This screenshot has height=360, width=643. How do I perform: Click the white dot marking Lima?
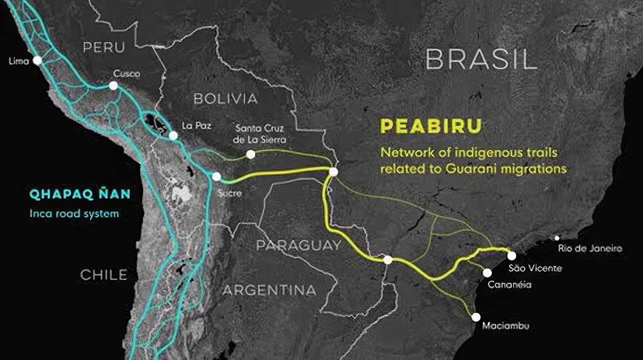click(x=37, y=61)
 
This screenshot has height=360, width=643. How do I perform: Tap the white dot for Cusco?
click(x=113, y=86)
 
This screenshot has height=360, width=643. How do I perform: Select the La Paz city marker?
click(x=173, y=136)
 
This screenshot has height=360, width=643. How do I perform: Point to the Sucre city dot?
click(x=216, y=176)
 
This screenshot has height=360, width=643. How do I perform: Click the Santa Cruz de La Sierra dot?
click(x=250, y=154)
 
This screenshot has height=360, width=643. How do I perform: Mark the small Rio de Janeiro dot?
click(x=557, y=238)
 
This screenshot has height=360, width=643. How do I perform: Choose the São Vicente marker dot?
click(x=512, y=256)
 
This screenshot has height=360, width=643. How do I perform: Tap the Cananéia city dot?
click(x=487, y=273)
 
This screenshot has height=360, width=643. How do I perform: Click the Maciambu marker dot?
click(x=476, y=317)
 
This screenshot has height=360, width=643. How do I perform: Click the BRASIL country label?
click(x=481, y=60)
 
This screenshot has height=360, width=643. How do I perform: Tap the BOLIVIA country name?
click(x=226, y=99)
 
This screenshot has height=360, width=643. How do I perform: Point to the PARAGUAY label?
click(x=298, y=246)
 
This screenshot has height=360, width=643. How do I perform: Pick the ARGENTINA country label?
click(x=270, y=290)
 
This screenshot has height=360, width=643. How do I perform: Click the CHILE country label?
click(x=104, y=275)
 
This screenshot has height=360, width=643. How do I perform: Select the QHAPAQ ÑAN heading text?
click(x=80, y=194)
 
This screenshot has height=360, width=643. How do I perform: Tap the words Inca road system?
click(x=73, y=214)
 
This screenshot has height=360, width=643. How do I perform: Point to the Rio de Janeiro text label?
click(x=589, y=249)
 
